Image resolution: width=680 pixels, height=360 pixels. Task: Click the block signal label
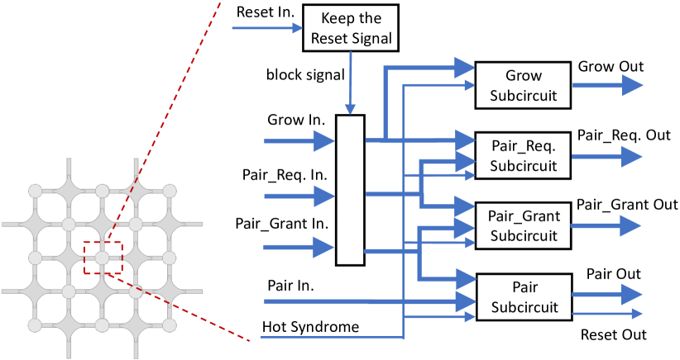[x=304, y=74]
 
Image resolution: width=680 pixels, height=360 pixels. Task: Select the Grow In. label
[x=295, y=120]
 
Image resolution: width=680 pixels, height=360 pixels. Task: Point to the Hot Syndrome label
[x=311, y=327]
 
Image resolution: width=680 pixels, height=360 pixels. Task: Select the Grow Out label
[x=611, y=66]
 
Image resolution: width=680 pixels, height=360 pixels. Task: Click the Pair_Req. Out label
[x=624, y=135]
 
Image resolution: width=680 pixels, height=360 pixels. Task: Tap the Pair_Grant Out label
[x=627, y=204]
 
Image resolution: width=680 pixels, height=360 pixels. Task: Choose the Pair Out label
[x=613, y=273]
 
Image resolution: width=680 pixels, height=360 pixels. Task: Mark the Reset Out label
[x=613, y=334]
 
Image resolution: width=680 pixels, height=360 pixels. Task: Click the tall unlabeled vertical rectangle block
[x=351, y=190]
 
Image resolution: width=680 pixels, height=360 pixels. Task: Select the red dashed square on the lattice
[x=103, y=257]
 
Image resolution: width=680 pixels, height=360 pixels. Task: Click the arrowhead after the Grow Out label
[x=632, y=85]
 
